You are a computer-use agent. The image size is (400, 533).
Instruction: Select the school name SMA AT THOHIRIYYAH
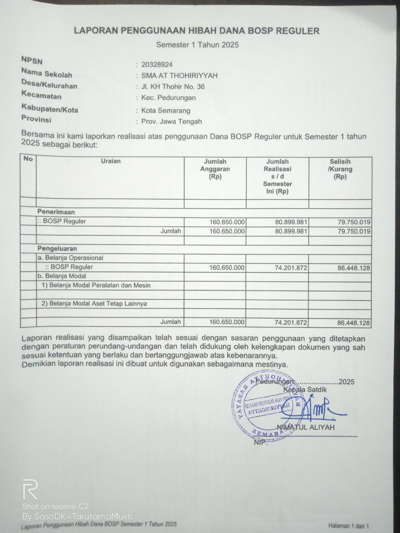tap(176, 75)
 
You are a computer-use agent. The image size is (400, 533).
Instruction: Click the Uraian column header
tap(110, 161)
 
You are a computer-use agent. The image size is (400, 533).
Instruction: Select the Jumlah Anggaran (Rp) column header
tap(215, 169)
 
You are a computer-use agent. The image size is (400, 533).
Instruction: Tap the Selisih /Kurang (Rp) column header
tap(340, 169)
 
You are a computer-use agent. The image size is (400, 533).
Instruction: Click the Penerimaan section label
tap(56, 212)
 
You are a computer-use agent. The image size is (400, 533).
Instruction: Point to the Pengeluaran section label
tap(57, 249)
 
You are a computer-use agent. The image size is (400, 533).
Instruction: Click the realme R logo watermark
tap(30, 490)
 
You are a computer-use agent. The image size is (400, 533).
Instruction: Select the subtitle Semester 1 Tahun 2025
tap(197, 45)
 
